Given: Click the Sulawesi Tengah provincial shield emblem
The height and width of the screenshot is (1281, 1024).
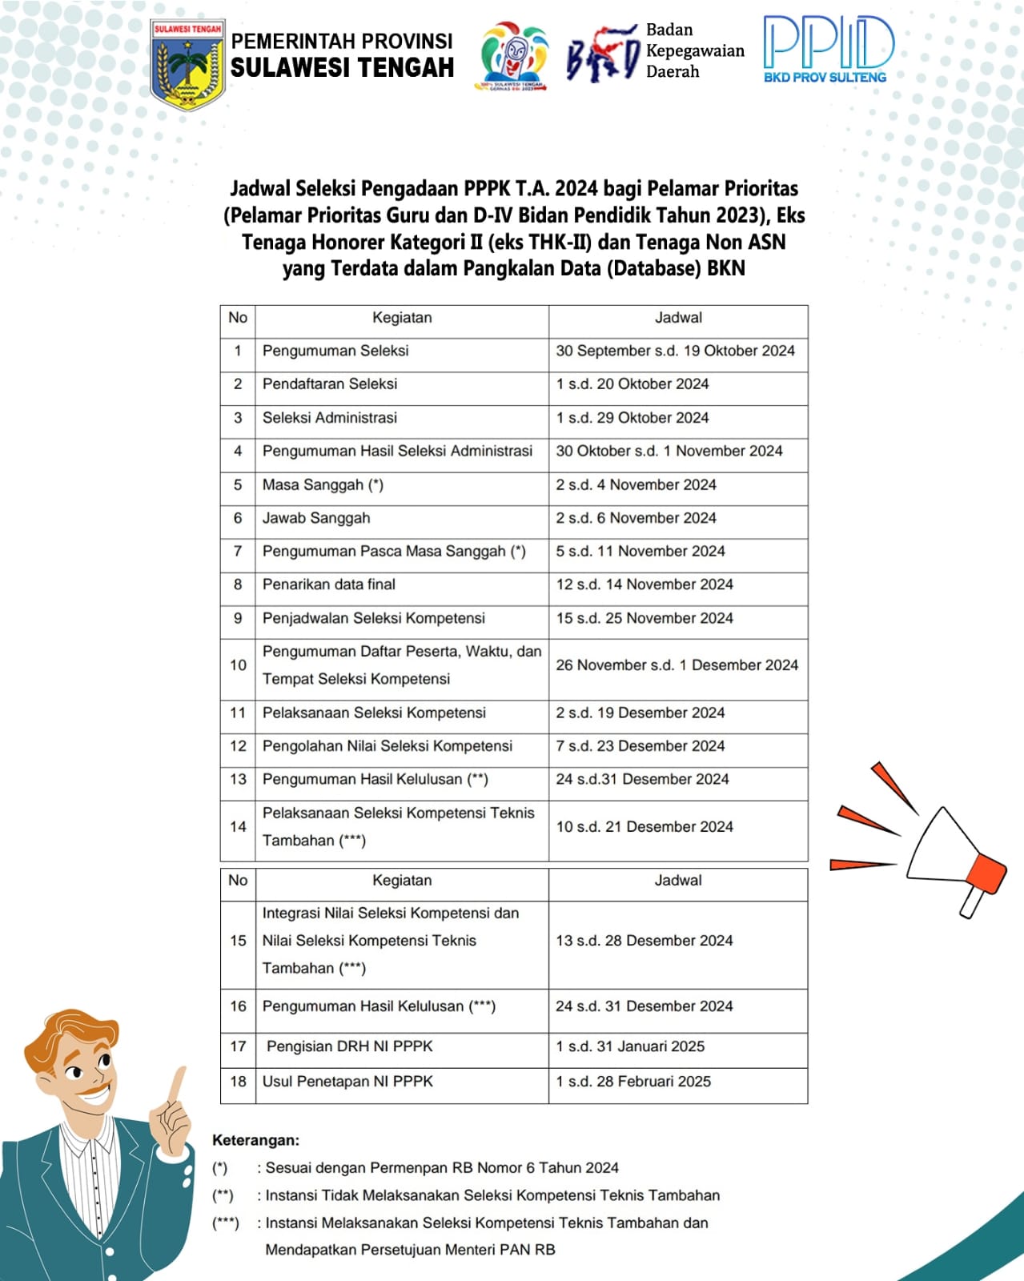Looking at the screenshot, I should click(187, 65).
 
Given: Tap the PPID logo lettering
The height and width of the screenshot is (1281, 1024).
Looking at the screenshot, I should click(827, 43).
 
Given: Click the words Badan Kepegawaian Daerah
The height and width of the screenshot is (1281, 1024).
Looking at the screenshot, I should click(694, 50).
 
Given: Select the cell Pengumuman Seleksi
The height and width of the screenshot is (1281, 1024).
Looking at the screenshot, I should click(335, 351).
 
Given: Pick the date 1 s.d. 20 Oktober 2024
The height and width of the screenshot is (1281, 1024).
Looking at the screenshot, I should click(632, 384).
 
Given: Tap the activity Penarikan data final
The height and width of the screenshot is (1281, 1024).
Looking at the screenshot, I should click(329, 584).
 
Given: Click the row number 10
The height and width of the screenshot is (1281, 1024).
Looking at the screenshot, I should click(238, 665).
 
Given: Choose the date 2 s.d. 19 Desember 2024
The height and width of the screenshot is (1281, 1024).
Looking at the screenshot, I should click(640, 713).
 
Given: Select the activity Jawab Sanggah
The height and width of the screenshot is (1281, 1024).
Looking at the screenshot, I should click(316, 518).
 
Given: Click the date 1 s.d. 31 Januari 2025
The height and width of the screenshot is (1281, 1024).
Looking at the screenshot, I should click(630, 1046).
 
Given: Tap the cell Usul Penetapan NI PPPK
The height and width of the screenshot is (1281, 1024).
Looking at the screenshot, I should click(347, 1082).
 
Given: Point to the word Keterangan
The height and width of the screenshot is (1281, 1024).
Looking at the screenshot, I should click(255, 1140).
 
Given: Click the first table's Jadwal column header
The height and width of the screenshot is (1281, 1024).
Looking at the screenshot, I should click(678, 318).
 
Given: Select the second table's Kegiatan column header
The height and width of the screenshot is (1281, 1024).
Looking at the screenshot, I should click(402, 881).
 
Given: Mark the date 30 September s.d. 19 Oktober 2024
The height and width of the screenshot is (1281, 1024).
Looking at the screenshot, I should click(675, 351).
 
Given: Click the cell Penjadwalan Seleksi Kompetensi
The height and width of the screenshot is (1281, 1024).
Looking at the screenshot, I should click(374, 618).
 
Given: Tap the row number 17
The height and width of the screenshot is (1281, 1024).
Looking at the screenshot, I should click(238, 1046).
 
